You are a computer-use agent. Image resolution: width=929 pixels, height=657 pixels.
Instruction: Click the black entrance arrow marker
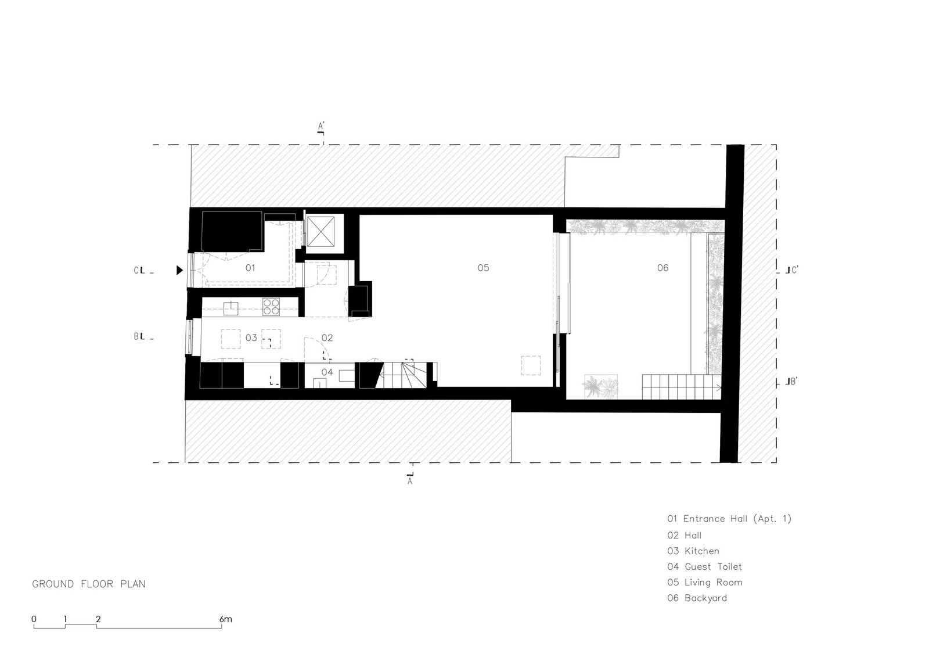tap(179, 270)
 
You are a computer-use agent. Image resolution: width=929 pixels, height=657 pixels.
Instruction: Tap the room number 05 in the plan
tap(483, 268)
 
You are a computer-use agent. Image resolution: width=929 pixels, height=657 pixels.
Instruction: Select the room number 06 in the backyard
tap(662, 268)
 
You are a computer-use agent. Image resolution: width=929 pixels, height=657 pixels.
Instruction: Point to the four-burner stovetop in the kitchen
tap(271, 307)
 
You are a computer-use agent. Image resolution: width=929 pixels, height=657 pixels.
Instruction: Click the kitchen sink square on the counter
tap(231, 308)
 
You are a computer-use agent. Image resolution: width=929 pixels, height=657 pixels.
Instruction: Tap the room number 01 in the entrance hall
tap(250, 268)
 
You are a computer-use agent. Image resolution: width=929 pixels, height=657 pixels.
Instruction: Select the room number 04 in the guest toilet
tap(327, 372)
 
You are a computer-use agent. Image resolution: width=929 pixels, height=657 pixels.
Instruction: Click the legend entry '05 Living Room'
tap(705, 582)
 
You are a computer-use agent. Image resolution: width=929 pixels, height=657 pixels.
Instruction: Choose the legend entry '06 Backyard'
tap(697, 598)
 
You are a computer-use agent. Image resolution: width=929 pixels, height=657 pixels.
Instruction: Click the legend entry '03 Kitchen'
tap(693, 551)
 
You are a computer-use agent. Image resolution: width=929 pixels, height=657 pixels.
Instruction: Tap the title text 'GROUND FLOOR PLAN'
tap(89, 584)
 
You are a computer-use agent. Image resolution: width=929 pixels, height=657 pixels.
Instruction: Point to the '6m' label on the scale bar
tap(226, 619)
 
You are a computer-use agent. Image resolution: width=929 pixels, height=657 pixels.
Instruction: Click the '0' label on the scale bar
tap(34, 619)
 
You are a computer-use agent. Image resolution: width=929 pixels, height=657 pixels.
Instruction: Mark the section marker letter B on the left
tap(136, 336)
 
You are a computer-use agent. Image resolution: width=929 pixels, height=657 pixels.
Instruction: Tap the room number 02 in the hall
tap(327, 338)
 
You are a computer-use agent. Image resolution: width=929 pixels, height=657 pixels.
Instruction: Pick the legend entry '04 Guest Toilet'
tap(705, 566)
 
